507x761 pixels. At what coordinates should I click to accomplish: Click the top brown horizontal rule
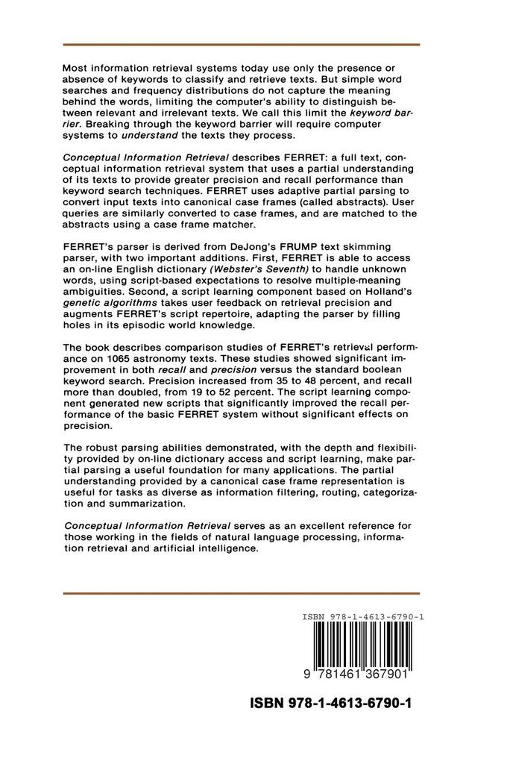coord(241,45)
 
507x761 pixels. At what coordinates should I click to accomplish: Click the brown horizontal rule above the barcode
coord(241,594)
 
